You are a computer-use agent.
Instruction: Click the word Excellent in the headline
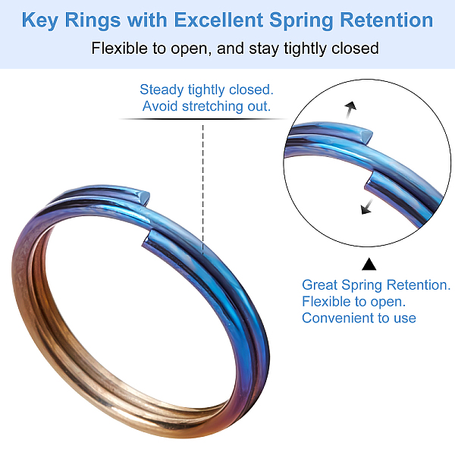pyautogui.click(x=218, y=20)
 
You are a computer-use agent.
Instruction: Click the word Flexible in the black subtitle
pyautogui.click(x=119, y=49)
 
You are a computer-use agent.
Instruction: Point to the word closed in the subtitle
pyautogui.click(x=353, y=49)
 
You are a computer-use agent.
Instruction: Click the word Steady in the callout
pyautogui.click(x=162, y=89)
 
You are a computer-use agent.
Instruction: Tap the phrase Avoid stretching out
pyautogui.click(x=206, y=106)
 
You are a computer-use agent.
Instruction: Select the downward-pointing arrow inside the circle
pyautogui.click(x=366, y=206)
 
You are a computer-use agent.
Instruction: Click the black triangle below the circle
pyautogui.click(x=369, y=264)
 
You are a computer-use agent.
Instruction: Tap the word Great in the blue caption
pyautogui.click(x=321, y=285)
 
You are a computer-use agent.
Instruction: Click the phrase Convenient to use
pyautogui.click(x=359, y=318)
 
